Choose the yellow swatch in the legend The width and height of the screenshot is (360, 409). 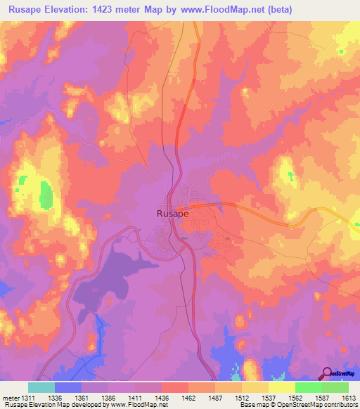point(281,387)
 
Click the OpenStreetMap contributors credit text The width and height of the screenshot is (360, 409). point(321,405)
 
